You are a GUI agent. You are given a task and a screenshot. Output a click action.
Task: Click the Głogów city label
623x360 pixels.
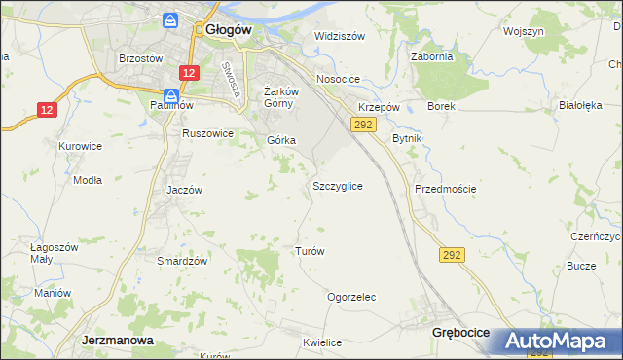click(229, 29)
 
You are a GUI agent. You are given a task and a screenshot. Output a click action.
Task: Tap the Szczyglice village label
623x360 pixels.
click(338, 185)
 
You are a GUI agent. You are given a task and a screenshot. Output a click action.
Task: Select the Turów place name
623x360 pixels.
click(309, 250)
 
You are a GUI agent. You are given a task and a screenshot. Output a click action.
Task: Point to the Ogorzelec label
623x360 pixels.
click(351, 297)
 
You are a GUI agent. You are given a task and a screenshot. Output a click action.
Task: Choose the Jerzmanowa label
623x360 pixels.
click(114, 341)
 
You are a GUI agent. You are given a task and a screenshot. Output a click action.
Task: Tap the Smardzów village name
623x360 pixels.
click(182, 261)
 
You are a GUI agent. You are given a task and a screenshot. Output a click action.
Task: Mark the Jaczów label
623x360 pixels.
click(184, 190)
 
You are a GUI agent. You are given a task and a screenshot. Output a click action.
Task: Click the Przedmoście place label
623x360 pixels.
click(445, 189)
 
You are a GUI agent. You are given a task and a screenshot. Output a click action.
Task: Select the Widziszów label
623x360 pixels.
click(339, 36)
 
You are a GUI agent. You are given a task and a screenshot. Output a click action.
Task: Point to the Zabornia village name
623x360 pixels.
click(432, 56)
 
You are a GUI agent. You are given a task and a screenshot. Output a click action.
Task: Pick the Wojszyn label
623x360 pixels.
click(523, 31)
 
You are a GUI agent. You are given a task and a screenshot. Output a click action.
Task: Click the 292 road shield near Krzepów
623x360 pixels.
click(363, 125)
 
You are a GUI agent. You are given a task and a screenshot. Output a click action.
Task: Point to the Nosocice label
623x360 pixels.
click(338, 79)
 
